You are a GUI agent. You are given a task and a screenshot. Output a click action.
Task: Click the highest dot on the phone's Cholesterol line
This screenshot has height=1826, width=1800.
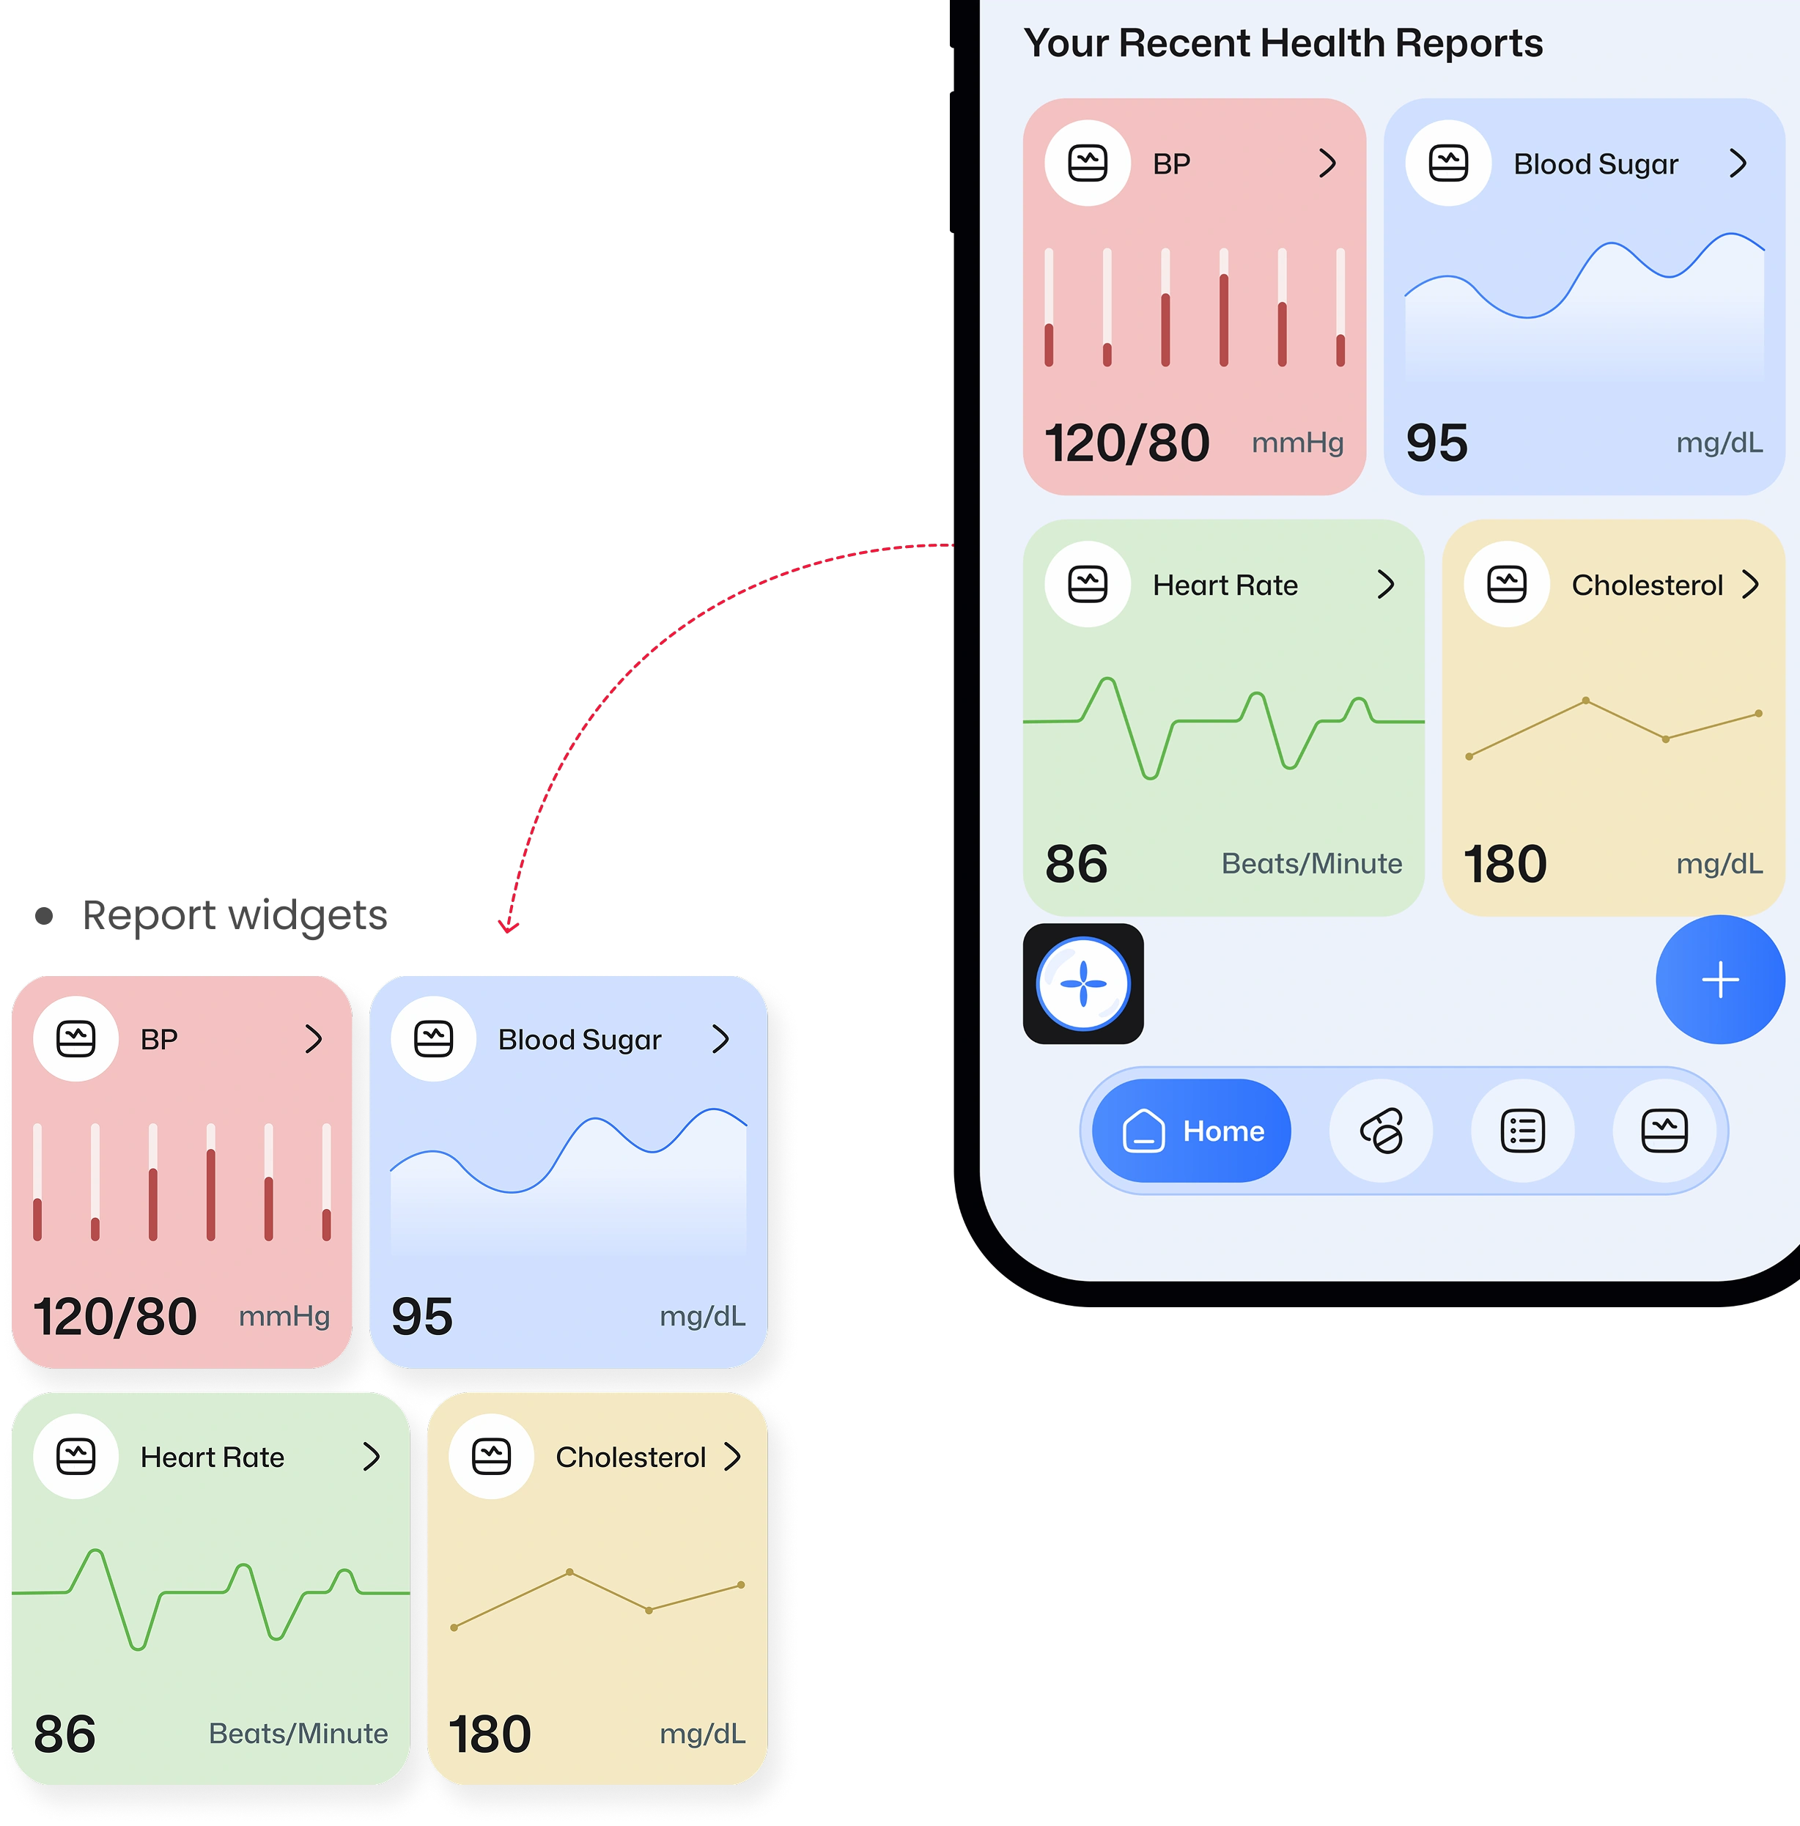[x=1585, y=701]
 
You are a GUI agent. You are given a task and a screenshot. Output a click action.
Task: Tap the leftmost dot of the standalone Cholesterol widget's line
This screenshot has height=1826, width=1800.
[x=454, y=1627]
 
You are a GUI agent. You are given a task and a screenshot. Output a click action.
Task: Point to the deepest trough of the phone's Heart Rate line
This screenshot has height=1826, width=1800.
[x=1150, y=777]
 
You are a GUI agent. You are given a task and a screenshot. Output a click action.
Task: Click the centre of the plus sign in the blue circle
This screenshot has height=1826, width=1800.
[x=1721, y=980]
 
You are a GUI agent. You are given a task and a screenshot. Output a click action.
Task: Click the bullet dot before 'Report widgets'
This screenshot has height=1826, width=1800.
[x=43, y=916]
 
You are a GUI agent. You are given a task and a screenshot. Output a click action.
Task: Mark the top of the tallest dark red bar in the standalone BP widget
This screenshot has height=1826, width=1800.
[x=211, y=1151]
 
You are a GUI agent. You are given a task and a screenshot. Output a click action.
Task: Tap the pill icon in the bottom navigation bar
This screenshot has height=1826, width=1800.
[x=1382, y=1131]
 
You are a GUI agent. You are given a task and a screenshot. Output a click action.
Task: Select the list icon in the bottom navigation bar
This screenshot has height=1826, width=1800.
[x=1523, y=1131]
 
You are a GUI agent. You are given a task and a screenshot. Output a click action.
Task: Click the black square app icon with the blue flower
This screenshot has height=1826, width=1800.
[x=1083, y=984]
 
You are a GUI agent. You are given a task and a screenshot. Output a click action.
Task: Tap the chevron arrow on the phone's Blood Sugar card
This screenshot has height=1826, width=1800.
[x=1738, y=163]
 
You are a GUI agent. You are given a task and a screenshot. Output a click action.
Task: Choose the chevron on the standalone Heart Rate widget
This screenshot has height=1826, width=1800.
[x=372, y=1457]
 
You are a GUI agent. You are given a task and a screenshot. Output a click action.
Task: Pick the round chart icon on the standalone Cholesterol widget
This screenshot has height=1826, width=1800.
[x=492, y=1457]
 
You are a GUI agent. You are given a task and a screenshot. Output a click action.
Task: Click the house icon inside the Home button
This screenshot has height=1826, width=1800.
[x=1143, y=1131]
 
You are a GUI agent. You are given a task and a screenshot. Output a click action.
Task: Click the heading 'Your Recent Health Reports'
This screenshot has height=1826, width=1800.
[x=1283, y=43]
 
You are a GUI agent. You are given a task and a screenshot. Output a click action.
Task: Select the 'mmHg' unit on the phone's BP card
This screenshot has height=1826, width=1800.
[x=1297, y=443]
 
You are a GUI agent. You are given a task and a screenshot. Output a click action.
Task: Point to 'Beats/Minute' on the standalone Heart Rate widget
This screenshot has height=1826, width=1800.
[x=298, y=1734]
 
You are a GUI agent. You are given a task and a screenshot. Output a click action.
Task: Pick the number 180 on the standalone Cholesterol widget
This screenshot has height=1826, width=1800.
[x=490, y=1734]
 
